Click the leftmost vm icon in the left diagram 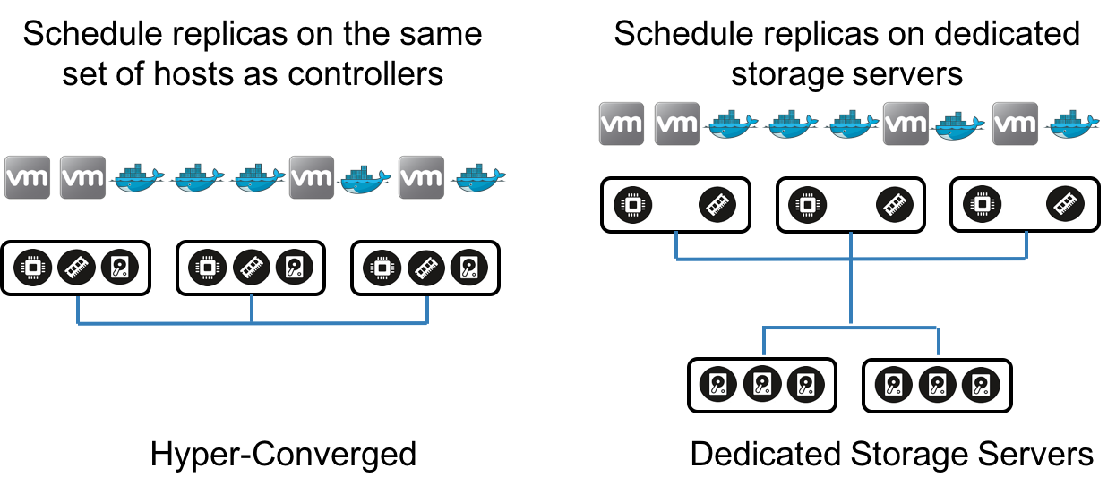click(x=27, y=177)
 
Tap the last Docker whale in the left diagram click(x=478, y=179)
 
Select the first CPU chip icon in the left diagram click(x=33, y=268)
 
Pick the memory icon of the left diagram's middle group click(x=252, y=268)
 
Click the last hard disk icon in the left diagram click(x=468, y=268)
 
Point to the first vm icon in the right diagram click(x=622, y=123)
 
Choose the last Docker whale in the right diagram click(x=1072, y=124)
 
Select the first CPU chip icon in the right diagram click(x=633, y=204)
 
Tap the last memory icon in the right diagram click(x=1065, y=204)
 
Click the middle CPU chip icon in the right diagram click(x=807, y=204)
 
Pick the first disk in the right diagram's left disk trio click(x=717, y=384)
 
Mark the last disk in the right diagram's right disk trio click(x=981, y=385)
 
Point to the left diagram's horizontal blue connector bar click(x=252, y=323)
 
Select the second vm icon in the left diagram click(x=82, y=177)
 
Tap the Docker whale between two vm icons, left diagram click(x=365, y=179)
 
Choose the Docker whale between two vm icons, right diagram click(x=959, y=125)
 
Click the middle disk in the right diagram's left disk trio click(x=762, y=384)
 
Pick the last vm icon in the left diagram click(x=421, y=177)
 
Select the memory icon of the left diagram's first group click(x=77, y=268)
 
